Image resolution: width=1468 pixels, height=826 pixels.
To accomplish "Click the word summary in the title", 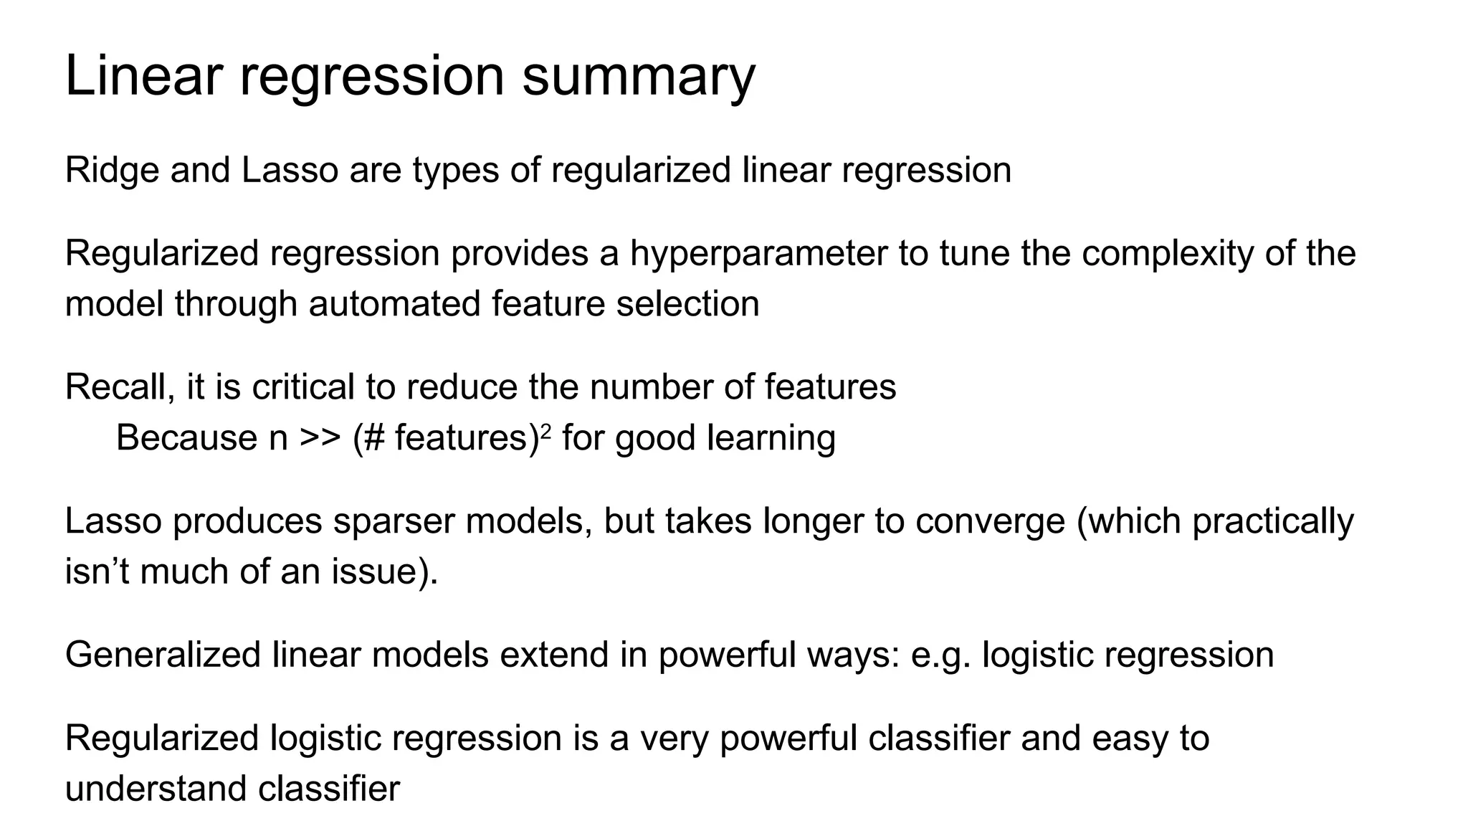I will click(638, 77).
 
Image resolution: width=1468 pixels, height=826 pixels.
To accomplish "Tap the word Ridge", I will click(111, 171).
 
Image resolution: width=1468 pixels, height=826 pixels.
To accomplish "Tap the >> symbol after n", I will click(320, 438).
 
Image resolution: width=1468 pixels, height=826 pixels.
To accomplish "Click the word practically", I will click(1273, 521).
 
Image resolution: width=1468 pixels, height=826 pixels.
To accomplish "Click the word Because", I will click(187, 438).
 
